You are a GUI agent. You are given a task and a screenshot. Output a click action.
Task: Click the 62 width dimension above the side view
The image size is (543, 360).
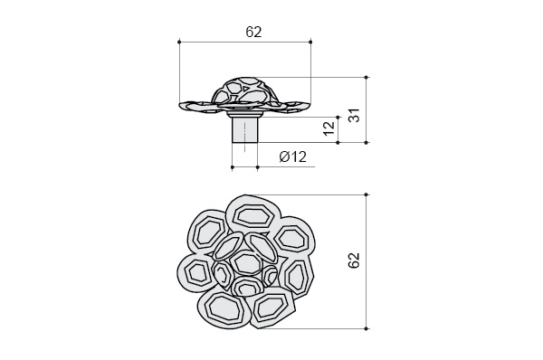[x=253, y=32]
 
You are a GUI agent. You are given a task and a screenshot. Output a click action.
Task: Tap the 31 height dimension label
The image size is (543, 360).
[x=354, y=116]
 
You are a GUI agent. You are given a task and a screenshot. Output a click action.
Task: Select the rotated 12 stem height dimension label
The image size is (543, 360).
[x=329, y=128]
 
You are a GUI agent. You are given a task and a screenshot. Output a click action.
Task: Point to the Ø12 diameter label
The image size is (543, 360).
[x=292, y=156]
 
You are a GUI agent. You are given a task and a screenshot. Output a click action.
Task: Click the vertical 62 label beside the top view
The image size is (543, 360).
[x=354, y=261]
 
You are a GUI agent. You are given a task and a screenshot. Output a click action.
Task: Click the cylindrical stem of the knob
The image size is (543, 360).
[x=245, y=130]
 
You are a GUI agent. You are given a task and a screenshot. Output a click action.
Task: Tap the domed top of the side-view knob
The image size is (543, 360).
[x=245, y=90]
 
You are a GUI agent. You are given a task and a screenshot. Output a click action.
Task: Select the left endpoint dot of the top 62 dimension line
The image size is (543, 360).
[x=179, y=42]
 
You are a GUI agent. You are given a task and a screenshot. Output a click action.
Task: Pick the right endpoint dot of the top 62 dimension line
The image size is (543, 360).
[x=310, y=42]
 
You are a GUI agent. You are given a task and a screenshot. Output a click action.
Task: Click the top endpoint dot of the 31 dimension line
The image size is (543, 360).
[x=367, y=77]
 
